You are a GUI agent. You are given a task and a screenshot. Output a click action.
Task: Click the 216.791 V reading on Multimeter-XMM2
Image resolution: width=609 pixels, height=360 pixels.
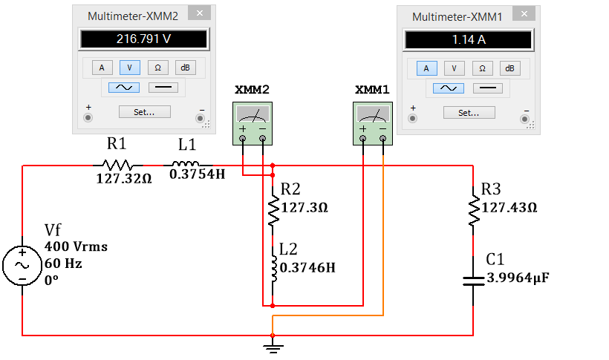tap(143, 39)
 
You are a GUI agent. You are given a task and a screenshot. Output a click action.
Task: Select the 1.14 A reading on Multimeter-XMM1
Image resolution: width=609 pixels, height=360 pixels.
tap(469, 39)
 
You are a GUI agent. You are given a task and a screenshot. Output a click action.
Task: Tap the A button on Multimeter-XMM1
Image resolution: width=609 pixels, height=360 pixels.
tap(426, 68)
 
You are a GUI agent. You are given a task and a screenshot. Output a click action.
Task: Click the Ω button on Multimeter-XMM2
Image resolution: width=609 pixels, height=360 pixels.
tap(157, 68)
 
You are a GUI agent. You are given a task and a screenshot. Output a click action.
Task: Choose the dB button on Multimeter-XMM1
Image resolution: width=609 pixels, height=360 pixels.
tap(509, 68)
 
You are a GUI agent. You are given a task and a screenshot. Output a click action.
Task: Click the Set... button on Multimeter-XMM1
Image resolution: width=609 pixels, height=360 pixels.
tap(469, 113)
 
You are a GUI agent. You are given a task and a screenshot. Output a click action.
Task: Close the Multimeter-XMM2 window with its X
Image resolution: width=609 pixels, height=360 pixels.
tap(200, 13)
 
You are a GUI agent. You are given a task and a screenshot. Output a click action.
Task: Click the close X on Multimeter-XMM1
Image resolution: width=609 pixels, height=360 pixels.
tap(524, 14)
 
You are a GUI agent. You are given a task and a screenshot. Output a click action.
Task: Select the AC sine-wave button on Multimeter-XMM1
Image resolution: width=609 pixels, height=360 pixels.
tap(449, 88)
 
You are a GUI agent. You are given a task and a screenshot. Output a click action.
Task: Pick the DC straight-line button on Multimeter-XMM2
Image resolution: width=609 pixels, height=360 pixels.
tap(163, 88)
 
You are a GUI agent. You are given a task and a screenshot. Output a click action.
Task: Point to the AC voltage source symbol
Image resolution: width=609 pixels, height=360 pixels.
tap(22, 266)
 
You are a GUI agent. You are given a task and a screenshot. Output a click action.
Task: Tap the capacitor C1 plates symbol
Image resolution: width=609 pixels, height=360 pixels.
tap(473, 281)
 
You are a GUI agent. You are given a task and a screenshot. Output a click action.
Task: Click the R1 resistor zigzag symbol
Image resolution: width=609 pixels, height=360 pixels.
tap(117, 166)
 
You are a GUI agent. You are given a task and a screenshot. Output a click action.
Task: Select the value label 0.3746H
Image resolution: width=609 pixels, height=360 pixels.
tap(307, 267)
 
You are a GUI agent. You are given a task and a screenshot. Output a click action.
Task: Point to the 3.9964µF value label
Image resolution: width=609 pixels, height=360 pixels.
tap(518, 278)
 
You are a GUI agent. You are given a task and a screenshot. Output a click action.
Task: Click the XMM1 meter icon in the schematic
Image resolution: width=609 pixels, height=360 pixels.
tap(373, 123)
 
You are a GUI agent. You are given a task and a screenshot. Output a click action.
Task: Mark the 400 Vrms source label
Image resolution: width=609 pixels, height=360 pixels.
tap(76, 246)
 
